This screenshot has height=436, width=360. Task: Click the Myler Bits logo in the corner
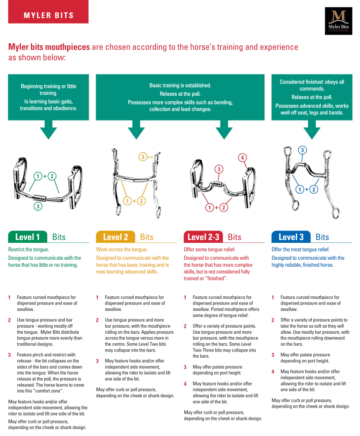coord(339,21)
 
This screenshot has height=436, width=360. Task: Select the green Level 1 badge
coord(27,237)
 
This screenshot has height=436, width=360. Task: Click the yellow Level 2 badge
coord(115,237)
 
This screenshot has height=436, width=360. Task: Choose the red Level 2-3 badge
coord(203,237)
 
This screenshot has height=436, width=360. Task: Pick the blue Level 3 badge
coord(291,237)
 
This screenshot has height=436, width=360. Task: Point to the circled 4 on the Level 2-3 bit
coord(242,158)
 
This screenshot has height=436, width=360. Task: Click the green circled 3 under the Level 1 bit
coord(38,207)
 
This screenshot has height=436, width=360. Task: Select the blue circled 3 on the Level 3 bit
coord(302,150)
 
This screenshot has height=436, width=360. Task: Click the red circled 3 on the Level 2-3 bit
coord(219,169)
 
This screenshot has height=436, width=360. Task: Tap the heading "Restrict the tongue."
coord(29,249)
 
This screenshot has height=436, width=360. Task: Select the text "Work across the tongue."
coord(122,249)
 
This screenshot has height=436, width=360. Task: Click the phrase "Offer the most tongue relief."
coord(300,249)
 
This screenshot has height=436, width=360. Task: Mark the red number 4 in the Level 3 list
coord(273,372)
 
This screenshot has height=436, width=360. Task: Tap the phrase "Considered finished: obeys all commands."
coord(312,85)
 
